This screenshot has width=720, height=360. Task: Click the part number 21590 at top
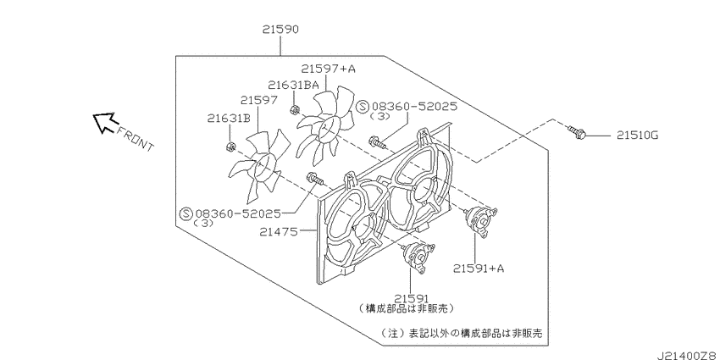[x=280, y=30]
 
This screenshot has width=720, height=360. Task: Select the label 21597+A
[x=329, y=69]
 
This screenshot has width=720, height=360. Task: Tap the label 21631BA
[x=293, y=85]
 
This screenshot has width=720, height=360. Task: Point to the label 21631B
[x=228, y=119]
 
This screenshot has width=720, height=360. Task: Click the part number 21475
[x=279, y=232]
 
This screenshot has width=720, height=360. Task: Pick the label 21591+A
[x=479, y=268]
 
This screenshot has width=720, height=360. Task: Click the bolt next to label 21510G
[x=577, y=132]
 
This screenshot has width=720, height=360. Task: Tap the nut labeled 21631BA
[x=296, y=110]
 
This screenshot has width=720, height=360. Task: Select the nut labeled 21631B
[x=231, y=147]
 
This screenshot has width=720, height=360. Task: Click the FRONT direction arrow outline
[x=105, y=122]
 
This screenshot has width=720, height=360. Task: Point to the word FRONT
[x=136, y=139]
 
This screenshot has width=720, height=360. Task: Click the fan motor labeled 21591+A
[x=481, y=222]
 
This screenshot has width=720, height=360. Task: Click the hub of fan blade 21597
[x=263, y=165]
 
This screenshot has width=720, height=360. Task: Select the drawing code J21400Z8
[x=688, y=356]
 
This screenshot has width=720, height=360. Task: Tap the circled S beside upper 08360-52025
[x=363, y=107]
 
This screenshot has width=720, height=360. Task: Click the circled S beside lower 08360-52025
[x=186, y=213]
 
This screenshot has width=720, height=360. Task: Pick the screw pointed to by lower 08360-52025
[x=314, y=179]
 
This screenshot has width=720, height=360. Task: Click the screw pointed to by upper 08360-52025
[x=378, y=142]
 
